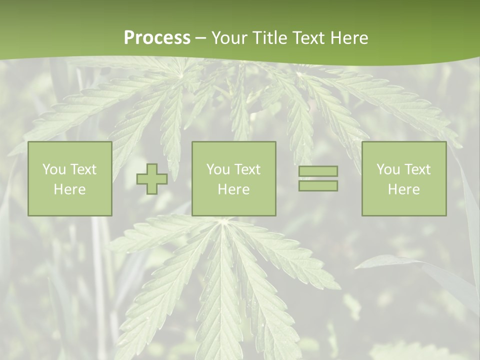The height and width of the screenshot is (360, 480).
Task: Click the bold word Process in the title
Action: click(157, 38)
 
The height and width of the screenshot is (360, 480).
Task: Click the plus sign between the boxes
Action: click(152, 178)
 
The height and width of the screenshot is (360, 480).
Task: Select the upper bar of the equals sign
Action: click(318, 171)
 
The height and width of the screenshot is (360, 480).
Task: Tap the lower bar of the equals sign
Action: click(318, 186)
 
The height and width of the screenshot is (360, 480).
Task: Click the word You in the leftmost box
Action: click(53, 169)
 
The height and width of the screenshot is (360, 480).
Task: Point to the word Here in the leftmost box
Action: click(69, 189)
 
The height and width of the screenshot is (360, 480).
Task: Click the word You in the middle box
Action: click(217, 169)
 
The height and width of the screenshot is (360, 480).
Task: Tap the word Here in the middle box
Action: click(233, 189)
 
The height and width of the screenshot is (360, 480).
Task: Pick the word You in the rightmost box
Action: click(387, 169)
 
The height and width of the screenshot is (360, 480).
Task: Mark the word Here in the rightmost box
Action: click(403, 189)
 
